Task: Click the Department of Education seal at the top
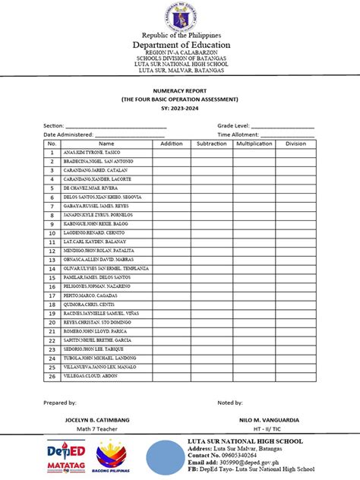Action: tap(180, 16)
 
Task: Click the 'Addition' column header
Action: tap(172, 144)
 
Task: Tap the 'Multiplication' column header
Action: tap(254, 144)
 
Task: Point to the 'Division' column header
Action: tap(295, 144)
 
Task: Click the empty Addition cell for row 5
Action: tap(172, 188)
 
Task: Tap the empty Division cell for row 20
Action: tap(295, 322)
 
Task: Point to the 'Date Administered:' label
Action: tap(69, 134)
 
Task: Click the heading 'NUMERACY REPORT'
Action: tap(180, 90)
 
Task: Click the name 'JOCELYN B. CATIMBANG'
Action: tap(85, 419)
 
